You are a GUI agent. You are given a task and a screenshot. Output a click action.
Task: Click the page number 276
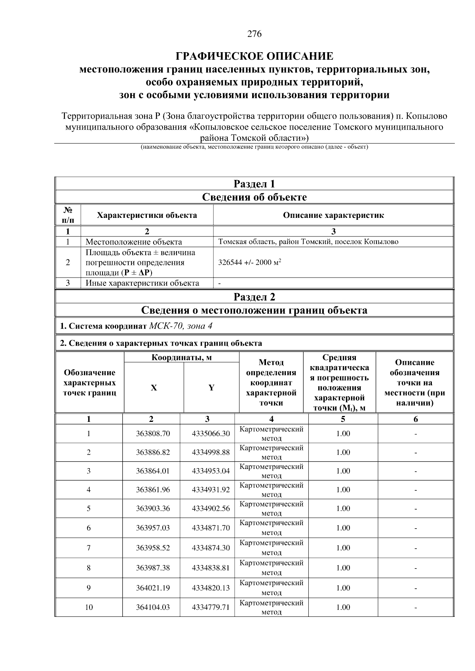255,34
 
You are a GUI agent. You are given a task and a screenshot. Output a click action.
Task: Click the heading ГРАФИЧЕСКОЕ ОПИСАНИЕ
255,56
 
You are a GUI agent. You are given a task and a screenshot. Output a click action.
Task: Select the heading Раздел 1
254,184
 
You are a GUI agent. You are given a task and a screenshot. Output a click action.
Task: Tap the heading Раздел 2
254,297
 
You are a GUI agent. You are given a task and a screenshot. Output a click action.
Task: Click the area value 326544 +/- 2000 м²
250,263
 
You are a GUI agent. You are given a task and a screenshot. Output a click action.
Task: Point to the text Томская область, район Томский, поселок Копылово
308,242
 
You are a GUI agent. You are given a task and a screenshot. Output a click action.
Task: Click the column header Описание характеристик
333,215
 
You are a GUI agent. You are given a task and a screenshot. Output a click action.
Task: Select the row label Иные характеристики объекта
142,283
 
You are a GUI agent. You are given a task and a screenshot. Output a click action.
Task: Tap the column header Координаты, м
182,357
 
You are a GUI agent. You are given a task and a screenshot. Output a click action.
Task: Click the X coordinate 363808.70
153,433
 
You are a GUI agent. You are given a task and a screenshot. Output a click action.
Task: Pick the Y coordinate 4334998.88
211,452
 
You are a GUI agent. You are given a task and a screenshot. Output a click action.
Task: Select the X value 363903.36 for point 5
153,508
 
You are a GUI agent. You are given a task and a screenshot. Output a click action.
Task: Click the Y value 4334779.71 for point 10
211,607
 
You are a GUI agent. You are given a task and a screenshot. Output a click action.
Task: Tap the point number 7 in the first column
89,548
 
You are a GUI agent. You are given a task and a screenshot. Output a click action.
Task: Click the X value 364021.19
153,588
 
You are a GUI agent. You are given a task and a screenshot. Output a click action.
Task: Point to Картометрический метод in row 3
272,471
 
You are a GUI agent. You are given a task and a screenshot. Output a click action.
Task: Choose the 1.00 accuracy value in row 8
343,568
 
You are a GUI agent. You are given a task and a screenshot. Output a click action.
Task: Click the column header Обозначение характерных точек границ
90,383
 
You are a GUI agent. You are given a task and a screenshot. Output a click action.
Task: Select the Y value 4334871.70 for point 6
211,528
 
